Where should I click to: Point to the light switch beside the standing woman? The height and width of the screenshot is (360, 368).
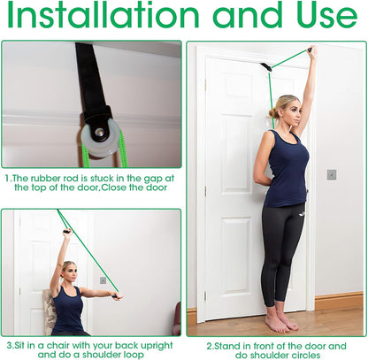(x=332, y=174)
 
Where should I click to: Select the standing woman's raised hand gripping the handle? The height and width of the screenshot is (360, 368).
(x=311, y=53)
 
